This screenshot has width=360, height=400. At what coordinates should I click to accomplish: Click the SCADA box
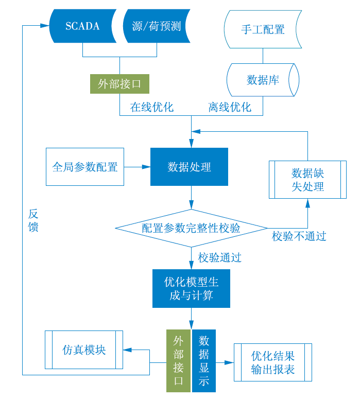click(82, 26)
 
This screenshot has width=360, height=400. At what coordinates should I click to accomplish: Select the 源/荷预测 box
click(157, 26)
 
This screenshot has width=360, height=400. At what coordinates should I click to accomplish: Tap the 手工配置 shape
click(263, 29)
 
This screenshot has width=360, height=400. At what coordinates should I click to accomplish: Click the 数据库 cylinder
click(263, 80)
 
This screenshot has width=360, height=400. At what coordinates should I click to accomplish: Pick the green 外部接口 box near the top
click(119, 83)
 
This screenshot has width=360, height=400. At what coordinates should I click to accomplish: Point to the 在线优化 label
click(152, 107)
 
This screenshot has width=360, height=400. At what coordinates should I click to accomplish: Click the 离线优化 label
click(230, 107)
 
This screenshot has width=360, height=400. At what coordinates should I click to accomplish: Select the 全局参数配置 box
click(85, 167)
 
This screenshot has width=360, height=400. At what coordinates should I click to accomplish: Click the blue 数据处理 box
click(189, 167)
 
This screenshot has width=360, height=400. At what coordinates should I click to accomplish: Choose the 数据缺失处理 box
click(307, 179)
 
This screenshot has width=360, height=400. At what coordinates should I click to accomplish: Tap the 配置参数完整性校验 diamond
click(191, 228)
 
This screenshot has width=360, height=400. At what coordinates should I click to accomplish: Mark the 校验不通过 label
click(299, 236)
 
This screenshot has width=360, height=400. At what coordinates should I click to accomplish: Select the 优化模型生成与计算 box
click(191, 288)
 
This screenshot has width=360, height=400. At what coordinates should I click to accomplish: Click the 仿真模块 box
click(84, 350)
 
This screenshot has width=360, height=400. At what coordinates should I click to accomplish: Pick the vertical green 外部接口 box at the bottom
click(178, 360)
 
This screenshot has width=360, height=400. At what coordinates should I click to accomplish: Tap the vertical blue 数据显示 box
click(204, 360)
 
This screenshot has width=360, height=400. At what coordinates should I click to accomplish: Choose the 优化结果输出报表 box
click(273, 362)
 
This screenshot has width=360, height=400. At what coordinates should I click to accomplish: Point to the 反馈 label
click(33, 220)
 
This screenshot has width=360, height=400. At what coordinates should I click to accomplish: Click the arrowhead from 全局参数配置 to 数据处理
click(147, 167)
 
